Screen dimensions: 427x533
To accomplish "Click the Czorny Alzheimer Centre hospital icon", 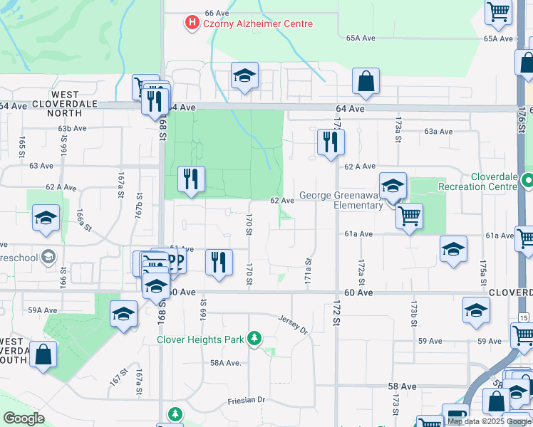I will pos(192,23).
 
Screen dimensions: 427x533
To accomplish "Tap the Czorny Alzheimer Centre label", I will pos(257,24).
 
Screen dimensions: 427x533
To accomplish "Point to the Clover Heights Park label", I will pos(202,339).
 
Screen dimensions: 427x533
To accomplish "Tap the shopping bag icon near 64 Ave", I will pos(366,82).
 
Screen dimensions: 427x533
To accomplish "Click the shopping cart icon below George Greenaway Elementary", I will pos(409,216).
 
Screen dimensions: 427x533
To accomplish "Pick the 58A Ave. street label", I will pos(226,362).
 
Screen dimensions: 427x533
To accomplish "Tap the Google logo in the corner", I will pos(24,418).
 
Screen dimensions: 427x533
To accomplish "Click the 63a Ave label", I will pos(438,132).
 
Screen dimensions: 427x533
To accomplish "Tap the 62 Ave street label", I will pos(281,201).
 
